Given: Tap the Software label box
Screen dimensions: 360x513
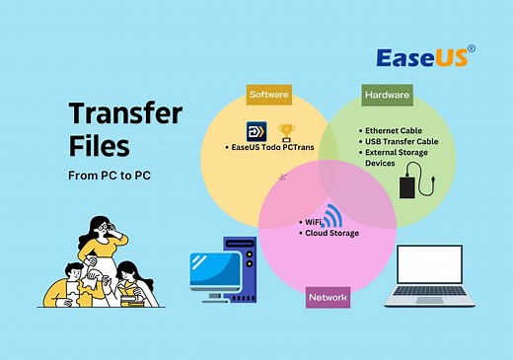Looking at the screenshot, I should click(x=269, y=94).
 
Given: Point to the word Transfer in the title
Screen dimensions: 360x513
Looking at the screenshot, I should click(x=125, y=111).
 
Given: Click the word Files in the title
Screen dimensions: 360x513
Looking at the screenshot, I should click(x=100, y=148).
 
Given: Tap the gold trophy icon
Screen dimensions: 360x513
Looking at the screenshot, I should click(x=287, y=131).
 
